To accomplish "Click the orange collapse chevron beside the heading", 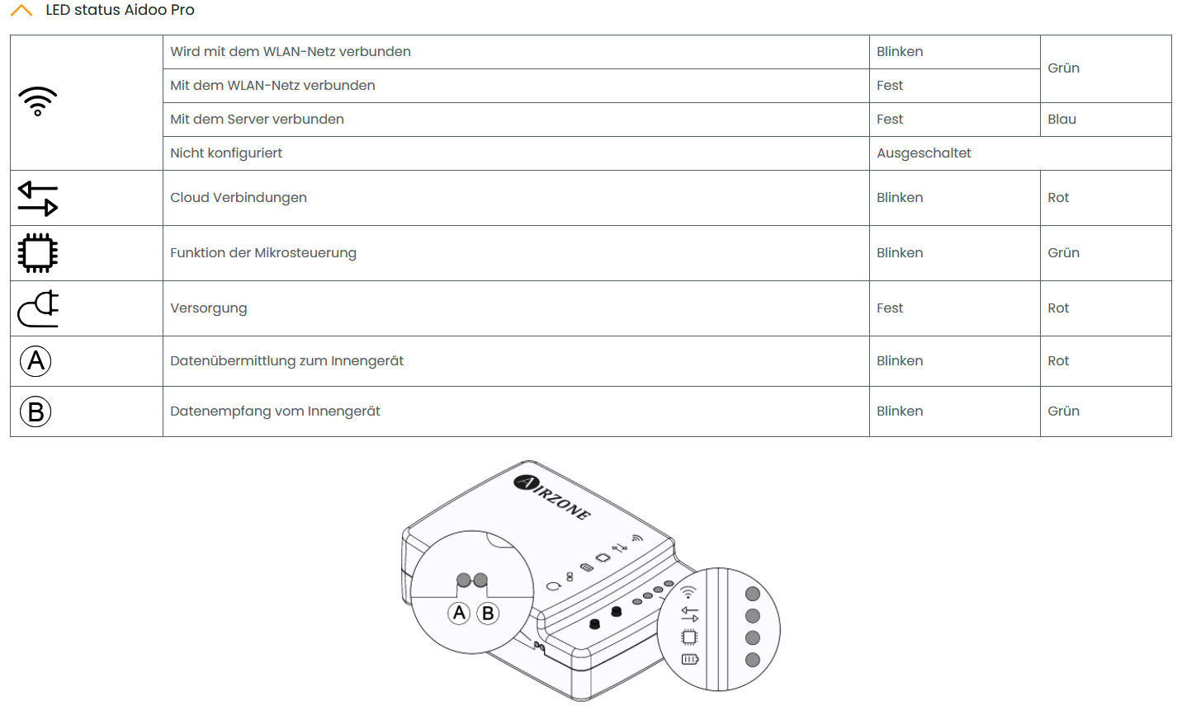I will coord(21,11).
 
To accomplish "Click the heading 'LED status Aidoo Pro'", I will coord(120,11).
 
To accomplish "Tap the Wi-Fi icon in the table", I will coord(38,101).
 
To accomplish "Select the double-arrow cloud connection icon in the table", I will coord(38,199).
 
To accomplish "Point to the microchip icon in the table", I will coord(38,253).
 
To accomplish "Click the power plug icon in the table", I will coord(38,309).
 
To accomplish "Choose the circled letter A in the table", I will coord(35,361).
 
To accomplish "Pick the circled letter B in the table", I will coord(35,411).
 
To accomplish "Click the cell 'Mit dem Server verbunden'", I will coord(257,120).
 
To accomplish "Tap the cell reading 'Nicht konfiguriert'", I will coord(226,153).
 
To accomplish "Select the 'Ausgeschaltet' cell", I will coord(924,153).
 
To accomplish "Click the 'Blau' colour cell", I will coord(1061,120).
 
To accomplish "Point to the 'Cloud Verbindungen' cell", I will coord(239,198).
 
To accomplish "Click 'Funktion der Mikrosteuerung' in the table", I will coord(263,253).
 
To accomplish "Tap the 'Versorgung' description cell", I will coord(208,308).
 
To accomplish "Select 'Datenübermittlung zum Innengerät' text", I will coord(286,361).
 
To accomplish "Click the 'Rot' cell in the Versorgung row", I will coord(1058,308).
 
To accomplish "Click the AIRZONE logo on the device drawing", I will coord(552,497).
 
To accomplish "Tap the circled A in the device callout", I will coord(460,613).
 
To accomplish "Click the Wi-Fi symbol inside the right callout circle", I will coord(688,592).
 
